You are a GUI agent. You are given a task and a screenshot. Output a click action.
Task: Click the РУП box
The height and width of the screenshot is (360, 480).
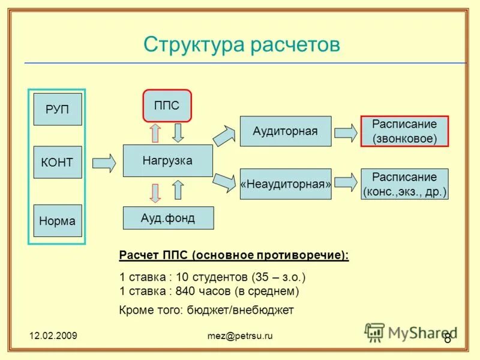[x=58, y=109]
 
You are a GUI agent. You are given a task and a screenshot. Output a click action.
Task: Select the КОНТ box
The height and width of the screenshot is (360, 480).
[x=58, y=162]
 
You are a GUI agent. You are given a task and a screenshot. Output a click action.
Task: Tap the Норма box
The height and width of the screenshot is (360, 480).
[x=58, y=221]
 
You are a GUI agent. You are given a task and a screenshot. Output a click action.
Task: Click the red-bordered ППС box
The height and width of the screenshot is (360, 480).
[x=167, y=106]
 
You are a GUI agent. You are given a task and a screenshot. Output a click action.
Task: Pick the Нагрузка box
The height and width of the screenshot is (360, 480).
[x=167, y=161]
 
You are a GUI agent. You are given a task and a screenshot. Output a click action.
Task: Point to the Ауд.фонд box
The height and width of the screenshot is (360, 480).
[x=168, y=218]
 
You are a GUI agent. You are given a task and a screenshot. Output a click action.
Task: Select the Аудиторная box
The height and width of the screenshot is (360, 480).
[x=285, y=131]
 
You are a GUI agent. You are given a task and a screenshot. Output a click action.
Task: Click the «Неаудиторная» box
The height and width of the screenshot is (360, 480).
[x=286, y=184]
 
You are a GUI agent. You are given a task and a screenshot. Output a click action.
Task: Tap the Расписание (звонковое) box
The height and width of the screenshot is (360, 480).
[x=404, y=131]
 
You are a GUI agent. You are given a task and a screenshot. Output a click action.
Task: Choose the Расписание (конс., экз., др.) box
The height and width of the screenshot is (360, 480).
[x=404, y=184]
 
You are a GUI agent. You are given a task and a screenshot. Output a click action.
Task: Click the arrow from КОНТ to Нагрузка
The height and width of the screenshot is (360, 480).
[x=104, y=162]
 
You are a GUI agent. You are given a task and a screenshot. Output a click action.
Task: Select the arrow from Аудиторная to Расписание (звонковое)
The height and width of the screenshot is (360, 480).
[x=345, y=132]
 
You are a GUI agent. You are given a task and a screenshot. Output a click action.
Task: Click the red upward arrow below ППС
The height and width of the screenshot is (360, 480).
[x=155, y=133]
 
